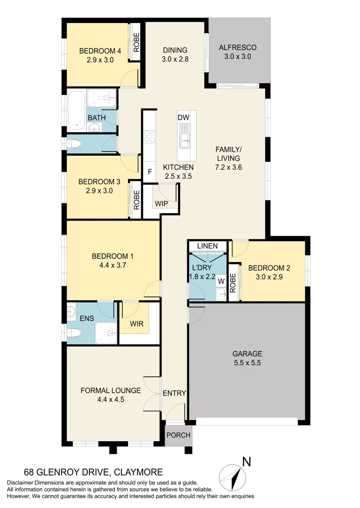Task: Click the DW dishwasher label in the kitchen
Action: point(184,117)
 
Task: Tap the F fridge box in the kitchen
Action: point(150,172)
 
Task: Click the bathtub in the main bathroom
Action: point(76,111)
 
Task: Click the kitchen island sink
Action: point(184,138)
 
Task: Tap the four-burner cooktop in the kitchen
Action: point(150,136)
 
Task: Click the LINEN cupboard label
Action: point(208,246)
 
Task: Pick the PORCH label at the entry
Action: point(179,435)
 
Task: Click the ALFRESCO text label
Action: point(238,48)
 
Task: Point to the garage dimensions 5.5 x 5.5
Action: point(247,363)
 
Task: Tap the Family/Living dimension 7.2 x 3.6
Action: point(228,167)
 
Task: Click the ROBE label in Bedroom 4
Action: point(136,43)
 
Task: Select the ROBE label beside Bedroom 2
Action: point(232,282)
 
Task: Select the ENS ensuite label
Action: point(87,318)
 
